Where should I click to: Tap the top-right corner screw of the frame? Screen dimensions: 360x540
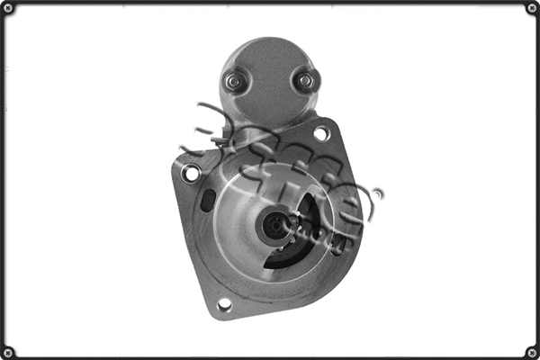[531, 9]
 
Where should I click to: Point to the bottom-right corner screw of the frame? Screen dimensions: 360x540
[531, 351]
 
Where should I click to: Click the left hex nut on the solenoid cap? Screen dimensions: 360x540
[233, 82]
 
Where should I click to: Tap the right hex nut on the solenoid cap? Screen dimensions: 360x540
[305, 81]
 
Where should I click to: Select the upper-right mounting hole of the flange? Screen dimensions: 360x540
[321, 134]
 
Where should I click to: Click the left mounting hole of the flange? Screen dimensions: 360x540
[191, 173]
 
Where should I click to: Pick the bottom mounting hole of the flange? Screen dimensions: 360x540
[224, 304]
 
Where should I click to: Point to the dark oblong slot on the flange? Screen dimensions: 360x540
[209, 200]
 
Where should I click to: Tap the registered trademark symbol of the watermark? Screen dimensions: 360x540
[377, 192]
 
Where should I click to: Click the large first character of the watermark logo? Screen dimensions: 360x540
[216, 126]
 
